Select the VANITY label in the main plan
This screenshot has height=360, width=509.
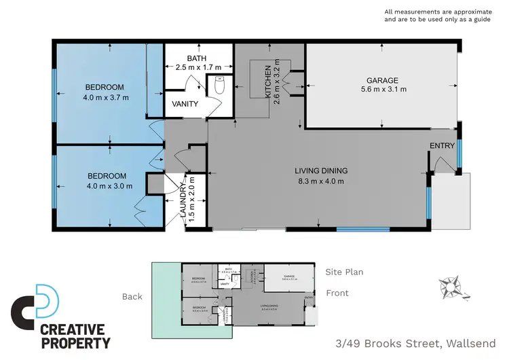coord(185,104)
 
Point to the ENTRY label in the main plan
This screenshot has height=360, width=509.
coord(442,146)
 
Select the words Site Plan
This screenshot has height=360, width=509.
coord(344,272)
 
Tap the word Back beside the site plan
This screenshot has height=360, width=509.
coord(132,296)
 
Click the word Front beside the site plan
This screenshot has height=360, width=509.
coord(337,293)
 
